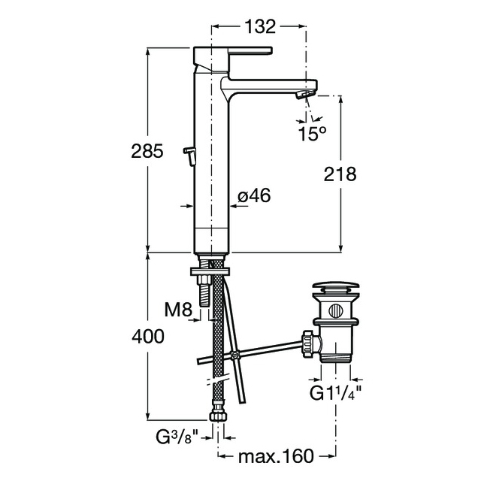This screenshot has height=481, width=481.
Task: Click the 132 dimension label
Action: point(260,27)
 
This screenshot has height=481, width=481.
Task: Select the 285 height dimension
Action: point(147,151)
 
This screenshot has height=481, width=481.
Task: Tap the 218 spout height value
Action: point(340,174)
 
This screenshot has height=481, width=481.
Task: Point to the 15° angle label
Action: point(312,134)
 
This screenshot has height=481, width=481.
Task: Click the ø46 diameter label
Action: point(254,195)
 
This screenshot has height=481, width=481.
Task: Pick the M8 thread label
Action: point(178,310)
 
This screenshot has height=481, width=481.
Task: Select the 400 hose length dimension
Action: point(148,337)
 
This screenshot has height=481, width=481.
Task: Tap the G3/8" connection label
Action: point(177,437)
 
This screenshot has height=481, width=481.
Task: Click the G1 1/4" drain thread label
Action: point(335,393)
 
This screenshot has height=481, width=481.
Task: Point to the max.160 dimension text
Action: point(276,456)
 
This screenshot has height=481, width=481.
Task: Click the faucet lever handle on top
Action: point(250,51)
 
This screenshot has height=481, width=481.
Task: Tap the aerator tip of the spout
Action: point(304,95)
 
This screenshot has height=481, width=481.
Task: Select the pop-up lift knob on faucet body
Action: point(189,156)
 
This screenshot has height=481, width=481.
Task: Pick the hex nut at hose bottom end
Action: point(217,417)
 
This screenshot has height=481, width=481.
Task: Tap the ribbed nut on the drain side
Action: point(307,343)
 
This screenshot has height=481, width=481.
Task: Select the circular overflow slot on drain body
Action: point(335,311)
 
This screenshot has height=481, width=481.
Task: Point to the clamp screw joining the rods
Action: point(235,355)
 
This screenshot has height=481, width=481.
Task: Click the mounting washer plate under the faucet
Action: point(210,272)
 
